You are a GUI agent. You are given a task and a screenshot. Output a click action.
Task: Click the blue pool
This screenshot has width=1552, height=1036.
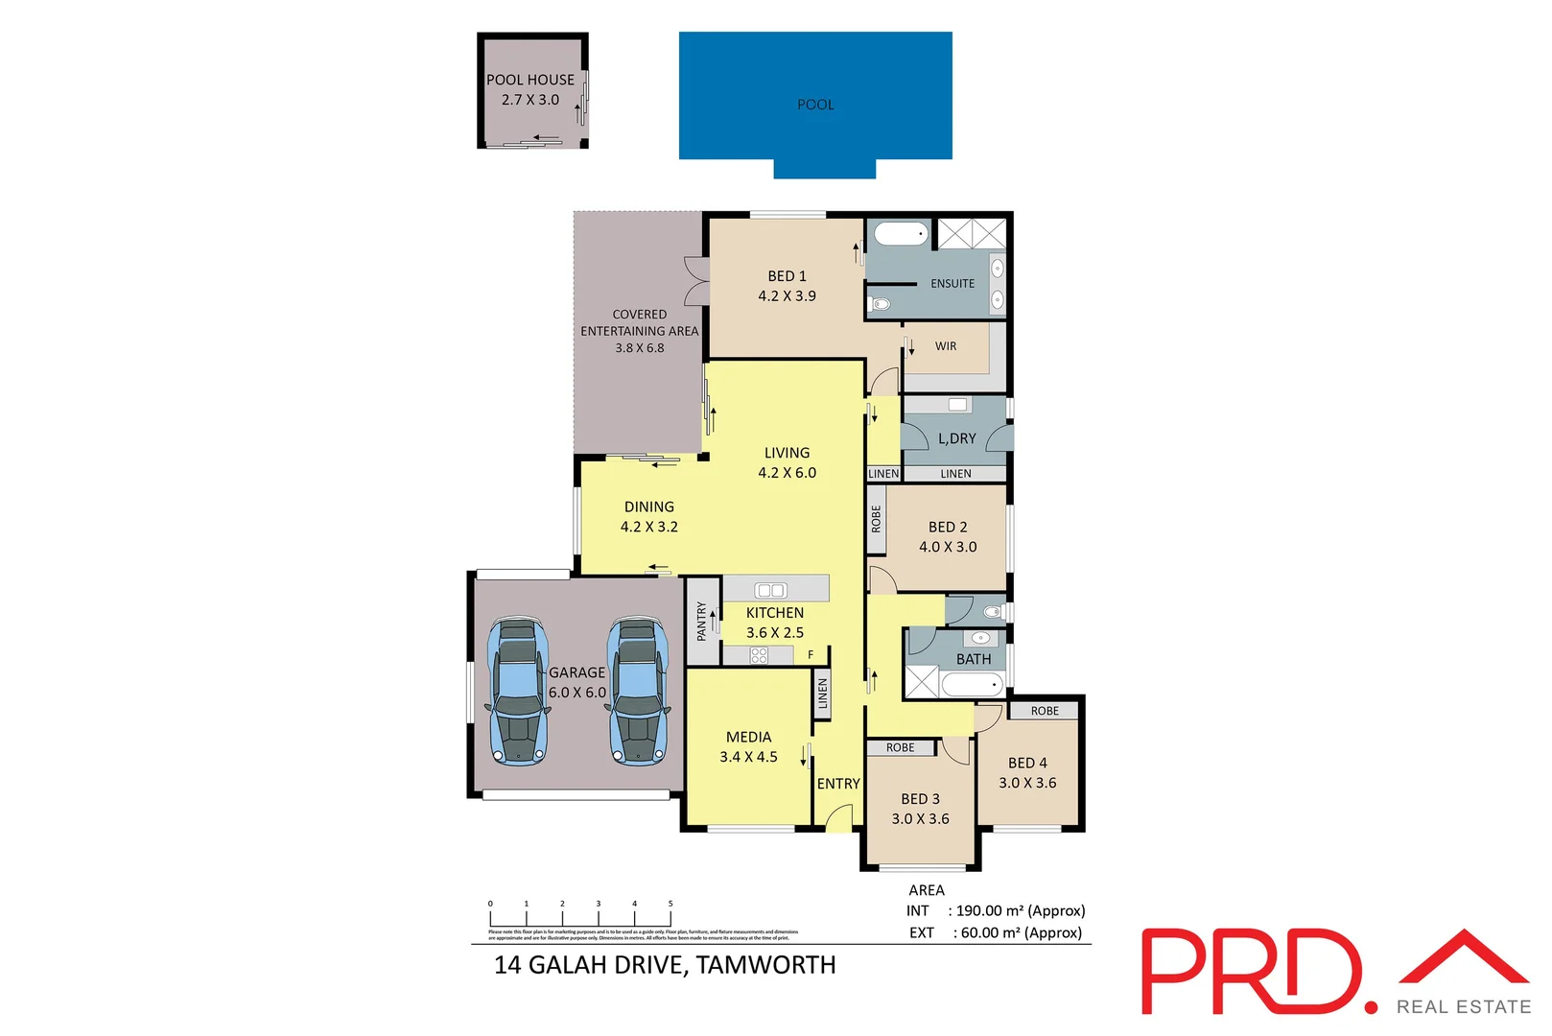coord(815,96)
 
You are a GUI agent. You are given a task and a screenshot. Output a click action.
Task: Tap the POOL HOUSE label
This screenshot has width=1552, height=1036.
coord(529,80)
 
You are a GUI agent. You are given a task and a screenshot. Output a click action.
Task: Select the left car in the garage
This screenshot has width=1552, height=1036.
coord(518,690)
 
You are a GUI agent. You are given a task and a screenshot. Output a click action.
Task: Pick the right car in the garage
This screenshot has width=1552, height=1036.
coord(638,690)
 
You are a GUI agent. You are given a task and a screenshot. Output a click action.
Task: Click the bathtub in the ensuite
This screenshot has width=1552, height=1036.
coord(901,234)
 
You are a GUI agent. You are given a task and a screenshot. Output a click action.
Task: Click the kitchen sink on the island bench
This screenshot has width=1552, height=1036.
coord(770,590)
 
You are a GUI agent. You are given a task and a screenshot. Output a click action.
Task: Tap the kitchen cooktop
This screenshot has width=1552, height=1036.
coord(759,655)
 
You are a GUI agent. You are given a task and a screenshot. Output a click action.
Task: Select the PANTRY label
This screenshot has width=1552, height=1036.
coord(702,621)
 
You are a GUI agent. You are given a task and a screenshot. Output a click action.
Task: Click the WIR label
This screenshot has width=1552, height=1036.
coord(946,346)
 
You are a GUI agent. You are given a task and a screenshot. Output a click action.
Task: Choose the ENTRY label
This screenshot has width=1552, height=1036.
coord(838,784)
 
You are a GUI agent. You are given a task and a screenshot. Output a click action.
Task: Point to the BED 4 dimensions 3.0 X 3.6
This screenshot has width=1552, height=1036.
coord(1027,783)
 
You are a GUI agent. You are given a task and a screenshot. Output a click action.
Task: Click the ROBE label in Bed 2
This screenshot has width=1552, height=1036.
coord(876,519)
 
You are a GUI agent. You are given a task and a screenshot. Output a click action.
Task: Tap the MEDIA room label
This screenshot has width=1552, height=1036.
coord(748,737)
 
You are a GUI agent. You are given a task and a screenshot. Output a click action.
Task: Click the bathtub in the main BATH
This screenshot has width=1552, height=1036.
coord(972,684)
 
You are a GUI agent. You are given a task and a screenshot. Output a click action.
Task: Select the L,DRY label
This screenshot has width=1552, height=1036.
coord(956,438)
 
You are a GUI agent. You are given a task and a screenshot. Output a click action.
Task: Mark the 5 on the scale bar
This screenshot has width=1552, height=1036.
coord(670,904)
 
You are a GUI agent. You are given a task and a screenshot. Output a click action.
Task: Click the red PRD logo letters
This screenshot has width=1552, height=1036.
coord(1252,971)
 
